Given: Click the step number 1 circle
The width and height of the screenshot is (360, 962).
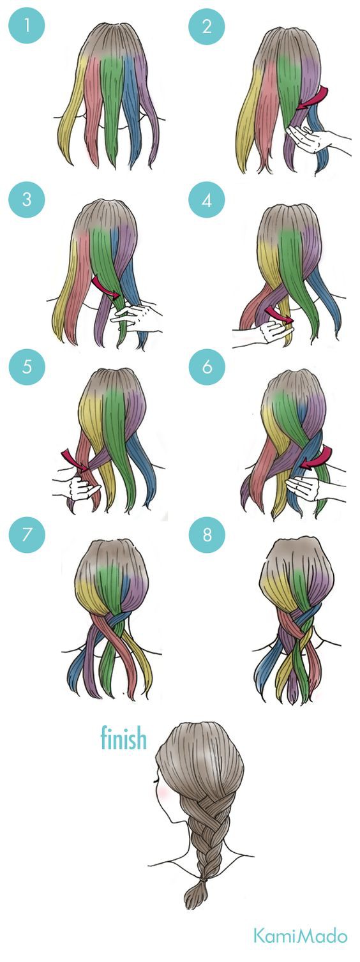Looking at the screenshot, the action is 27,26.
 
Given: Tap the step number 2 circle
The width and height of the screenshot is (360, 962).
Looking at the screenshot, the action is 207,26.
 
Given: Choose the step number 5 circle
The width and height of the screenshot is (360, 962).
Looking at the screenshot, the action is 27,367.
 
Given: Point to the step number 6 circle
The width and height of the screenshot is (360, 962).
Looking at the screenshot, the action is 207,367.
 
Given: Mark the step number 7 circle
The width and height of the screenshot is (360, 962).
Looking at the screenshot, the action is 27,535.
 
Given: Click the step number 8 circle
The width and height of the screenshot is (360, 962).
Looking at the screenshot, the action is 207,535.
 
